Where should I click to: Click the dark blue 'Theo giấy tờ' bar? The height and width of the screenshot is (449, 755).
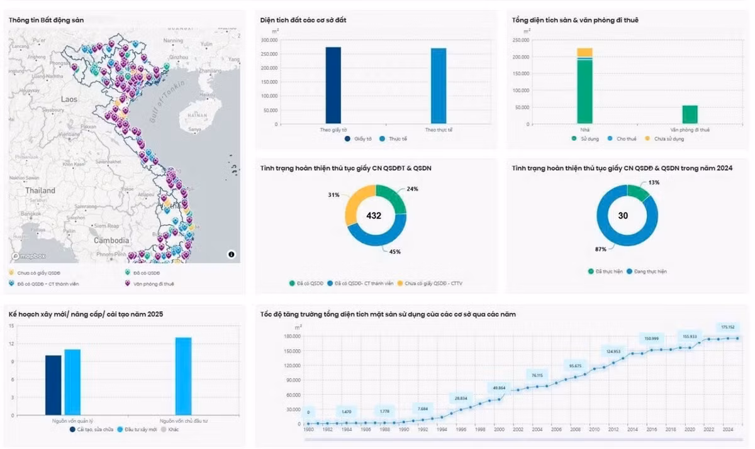[333, 86]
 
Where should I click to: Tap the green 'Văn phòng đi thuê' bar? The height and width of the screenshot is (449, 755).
[690, 114]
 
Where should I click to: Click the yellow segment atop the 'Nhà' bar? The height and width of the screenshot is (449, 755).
[584, 52]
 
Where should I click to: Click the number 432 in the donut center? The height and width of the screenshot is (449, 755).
[374, 216]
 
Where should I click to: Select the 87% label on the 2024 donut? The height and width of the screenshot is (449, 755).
[600, 250]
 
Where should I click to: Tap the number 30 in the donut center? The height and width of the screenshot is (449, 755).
[623, 216]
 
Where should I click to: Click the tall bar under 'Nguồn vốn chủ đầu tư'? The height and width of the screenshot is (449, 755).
[183, 374]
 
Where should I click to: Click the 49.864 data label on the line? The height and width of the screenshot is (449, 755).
[499, 387]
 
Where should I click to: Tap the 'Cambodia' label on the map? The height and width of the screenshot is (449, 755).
[111, 240]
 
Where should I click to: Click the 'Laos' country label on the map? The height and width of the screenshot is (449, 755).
[69, 99]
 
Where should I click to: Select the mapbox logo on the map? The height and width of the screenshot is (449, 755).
[29, 257]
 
